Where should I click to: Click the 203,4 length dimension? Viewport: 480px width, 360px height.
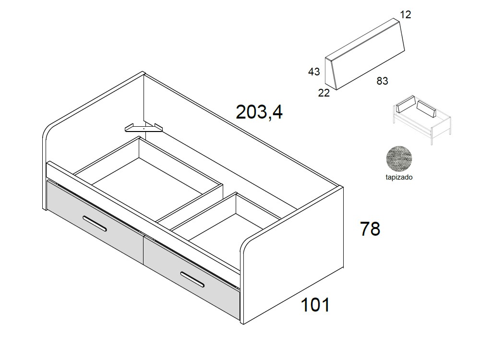(259, 112)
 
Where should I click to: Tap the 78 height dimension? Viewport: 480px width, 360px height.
(370, 229)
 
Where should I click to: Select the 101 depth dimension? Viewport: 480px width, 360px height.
(315, 304)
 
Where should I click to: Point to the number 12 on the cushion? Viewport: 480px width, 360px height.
(406, 15)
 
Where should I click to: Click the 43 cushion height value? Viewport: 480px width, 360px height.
(314, 72)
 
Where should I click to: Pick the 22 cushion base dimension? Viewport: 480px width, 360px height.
(324, 93)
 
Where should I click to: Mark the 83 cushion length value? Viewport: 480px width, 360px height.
(382, 81)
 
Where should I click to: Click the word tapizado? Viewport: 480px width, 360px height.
(399, 177)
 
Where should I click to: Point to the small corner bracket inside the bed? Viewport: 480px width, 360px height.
(144, 128)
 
